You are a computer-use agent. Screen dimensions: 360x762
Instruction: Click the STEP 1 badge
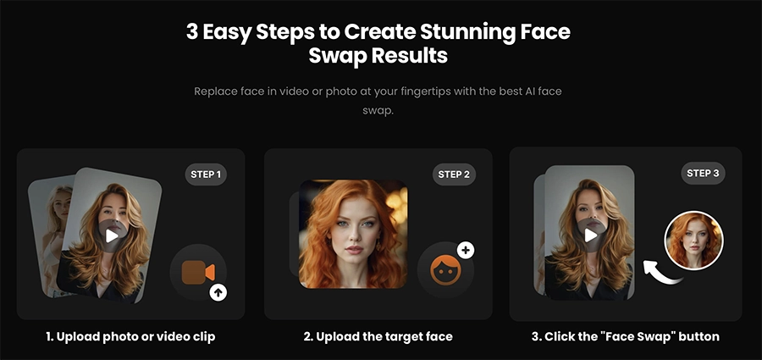click(x=206, y=175)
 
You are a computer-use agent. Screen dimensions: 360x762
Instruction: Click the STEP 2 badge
click(x=455, y=174)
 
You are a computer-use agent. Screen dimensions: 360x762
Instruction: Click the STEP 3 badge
click(x=703, y=173)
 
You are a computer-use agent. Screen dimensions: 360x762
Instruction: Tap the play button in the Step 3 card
click(x=591, y=234)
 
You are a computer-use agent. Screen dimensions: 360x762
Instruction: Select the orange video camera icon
click(x=197, y=272)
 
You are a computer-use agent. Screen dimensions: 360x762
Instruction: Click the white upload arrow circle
click(x=219, y=293)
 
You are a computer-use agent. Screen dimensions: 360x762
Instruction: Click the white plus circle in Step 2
click(x=466, y=250)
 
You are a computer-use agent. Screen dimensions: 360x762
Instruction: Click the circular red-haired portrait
click(x=693, y=240)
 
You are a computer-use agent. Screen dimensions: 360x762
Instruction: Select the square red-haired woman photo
click(x=353, y=233)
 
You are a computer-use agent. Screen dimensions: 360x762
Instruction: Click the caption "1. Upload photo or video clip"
click(x=130, y=336)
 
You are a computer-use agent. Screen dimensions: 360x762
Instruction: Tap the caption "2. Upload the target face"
click(x=378, y=336)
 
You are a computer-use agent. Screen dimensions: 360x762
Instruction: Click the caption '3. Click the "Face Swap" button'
click(x=625, y=336)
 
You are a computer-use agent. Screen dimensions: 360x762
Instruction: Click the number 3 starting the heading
click(x=192, y=32)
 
